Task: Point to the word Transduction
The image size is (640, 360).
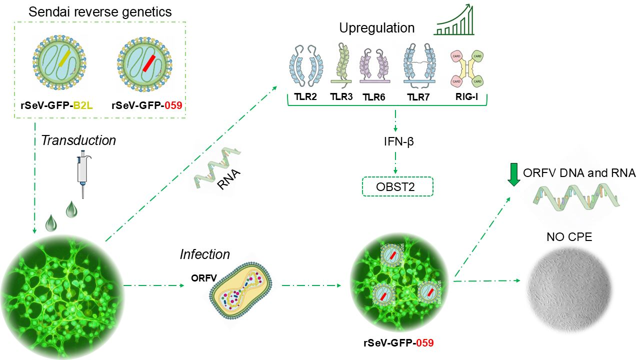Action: pos(78,140)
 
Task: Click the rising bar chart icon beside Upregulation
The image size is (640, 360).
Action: pos(454,20)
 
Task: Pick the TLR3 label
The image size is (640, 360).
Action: pos(341,96)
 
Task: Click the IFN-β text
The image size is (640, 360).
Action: pos(397,142)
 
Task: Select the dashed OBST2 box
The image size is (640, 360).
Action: pos(396,187)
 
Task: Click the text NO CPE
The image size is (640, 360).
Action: pos(569,236)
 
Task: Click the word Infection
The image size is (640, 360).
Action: pos(205,254)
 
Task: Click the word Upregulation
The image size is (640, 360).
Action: pos(377,28)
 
